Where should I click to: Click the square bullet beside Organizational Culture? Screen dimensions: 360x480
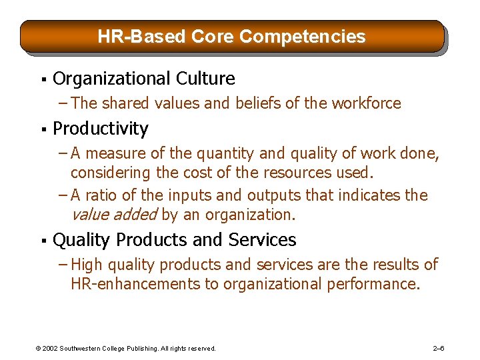coord(42,80)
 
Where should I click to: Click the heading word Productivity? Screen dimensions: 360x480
coord(100,128)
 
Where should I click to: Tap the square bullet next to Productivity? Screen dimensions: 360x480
coord(42,129)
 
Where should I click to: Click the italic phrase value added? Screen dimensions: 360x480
coord(113,215)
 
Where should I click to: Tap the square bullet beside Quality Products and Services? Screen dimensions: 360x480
coord(42,241)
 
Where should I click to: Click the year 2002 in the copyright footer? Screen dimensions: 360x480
coord(49,348)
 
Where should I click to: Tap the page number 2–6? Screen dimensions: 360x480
coord(439,348)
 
